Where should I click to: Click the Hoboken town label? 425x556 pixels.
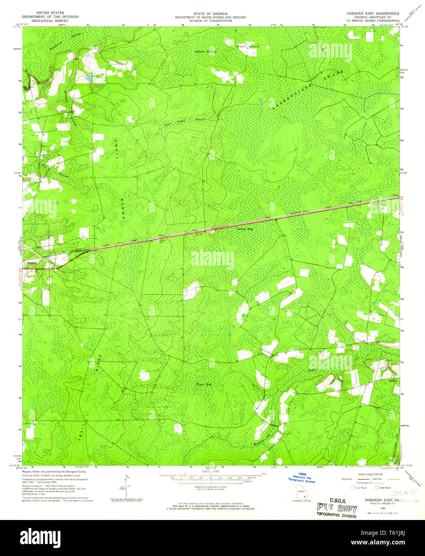pyautogui.click(x=32, y=262)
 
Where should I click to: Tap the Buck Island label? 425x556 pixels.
pyautogui.click(x=248, y=46)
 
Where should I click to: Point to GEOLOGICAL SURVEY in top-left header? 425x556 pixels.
pyautogui.click(x=50, y=21)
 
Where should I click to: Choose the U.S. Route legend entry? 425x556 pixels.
pyautogui.click(x=360, y=488)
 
